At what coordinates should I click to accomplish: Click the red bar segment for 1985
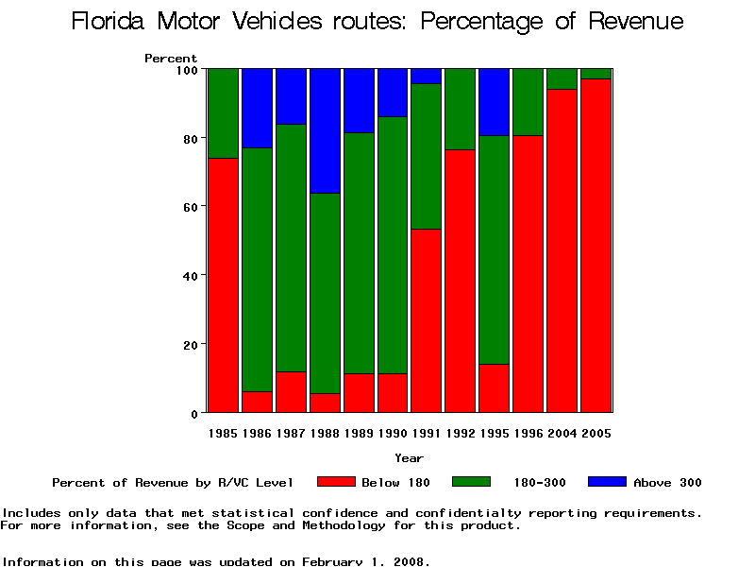click(x=223, y=283)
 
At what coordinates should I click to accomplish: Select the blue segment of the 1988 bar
click(x=325, y=130)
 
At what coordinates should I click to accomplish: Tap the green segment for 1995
click(x=495, y=249)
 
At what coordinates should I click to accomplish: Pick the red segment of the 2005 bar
click(x=596, y=246)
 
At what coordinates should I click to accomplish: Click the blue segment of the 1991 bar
click(x=427, y=76)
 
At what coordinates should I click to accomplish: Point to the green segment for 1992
click(x=461, y=109)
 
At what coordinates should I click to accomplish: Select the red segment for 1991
click(x=427, y=321)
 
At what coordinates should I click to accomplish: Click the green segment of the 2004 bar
click(x=562, y=78)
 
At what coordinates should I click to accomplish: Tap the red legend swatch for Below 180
click(x=336, y=482)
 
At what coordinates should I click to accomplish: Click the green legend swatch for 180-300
click(x=472, y=482)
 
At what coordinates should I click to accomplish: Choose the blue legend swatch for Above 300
click(x=608, y=482)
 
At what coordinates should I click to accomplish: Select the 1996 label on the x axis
click(x=528, y=434)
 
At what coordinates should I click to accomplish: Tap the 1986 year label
click(x=257, y=434)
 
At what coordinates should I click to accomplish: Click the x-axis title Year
click(x=410, y=458)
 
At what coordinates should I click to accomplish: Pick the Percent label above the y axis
click(x=171, y=59)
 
